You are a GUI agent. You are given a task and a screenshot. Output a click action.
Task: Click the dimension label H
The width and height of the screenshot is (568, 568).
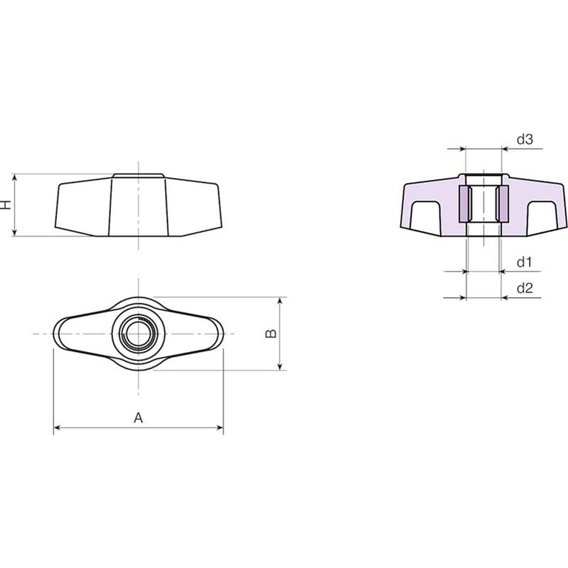pyautogui.click(x=7, y=205)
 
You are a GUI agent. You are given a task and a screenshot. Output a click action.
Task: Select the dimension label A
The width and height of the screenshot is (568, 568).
pyautogui.click(x=138, y=418)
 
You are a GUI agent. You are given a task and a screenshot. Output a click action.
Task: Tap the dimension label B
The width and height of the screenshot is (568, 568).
pyautogui.click(x=271, y=334)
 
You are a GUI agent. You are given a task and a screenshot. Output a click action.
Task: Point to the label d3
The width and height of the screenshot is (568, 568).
pyautogui.click(x=525, y=139)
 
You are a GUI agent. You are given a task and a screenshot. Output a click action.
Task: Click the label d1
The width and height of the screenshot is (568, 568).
pyautogui.click(x=524, y=262)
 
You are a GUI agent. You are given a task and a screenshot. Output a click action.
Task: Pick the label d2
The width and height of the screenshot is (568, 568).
pyautogui.click(x=525, y=288)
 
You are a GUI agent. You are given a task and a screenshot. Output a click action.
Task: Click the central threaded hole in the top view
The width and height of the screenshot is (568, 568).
pyautogui.click(x=138, y=334)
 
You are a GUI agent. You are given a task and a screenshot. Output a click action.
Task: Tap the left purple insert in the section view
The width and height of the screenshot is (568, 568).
pyautogui.click(x=464, y=204)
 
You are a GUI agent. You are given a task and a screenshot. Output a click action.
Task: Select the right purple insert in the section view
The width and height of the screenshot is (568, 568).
pyautogui.click(x=502, y=204)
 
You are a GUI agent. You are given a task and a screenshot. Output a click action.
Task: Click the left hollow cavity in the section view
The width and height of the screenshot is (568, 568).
pyautogui.click(x=425, y=215)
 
